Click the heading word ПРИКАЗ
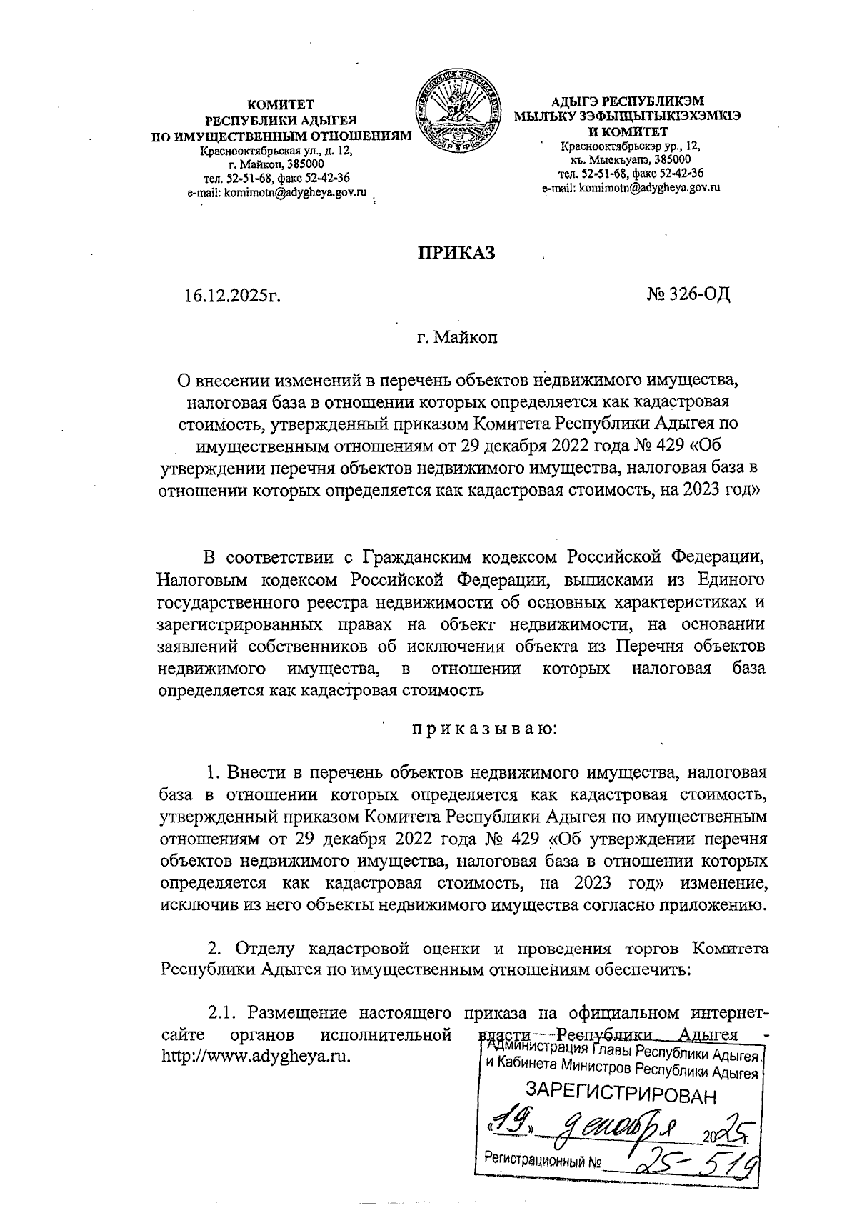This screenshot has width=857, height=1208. pos(456,254)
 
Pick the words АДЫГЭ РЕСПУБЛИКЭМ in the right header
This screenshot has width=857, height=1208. pos(628,101)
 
